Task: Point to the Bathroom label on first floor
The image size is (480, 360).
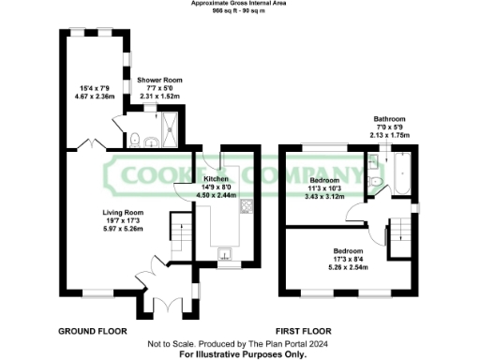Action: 389,119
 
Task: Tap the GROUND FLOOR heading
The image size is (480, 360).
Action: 93,332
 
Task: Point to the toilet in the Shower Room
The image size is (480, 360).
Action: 137,141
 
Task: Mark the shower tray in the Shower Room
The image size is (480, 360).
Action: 171,131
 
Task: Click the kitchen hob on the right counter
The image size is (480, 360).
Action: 247,207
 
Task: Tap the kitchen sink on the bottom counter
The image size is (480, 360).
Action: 225,252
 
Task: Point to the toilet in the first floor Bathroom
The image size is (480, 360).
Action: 375,181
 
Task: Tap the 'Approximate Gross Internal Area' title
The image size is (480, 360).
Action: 239,5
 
